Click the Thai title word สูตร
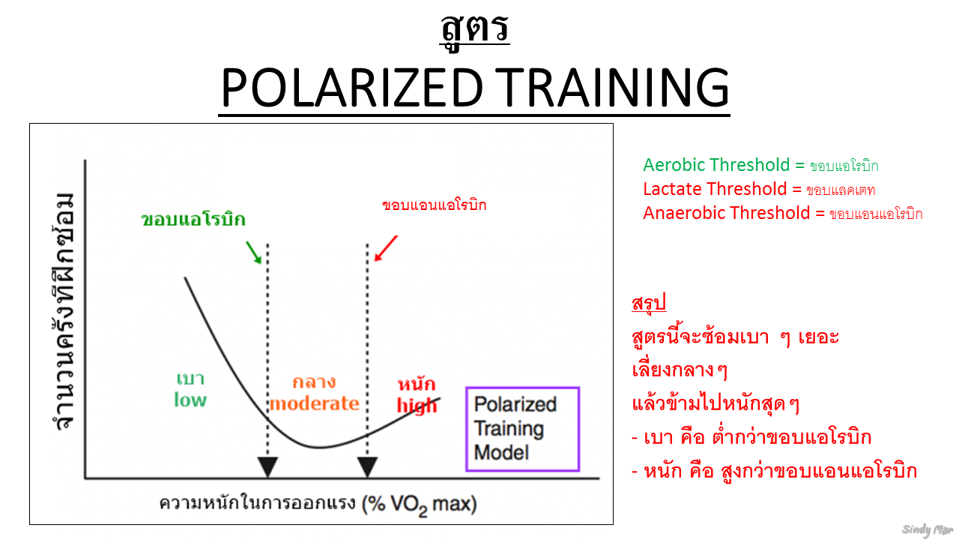[474, 28]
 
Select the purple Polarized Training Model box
[522, 429]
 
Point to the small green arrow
[254, 253]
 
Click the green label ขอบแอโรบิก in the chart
[193, 220]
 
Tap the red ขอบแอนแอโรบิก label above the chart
[434, 205]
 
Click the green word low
[190, 400]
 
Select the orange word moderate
[314, 403]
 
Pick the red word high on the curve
[417, 406]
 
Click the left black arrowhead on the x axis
[267, 467]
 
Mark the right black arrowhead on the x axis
[366, 467]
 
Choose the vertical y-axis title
[64, 312]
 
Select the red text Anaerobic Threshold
[727, 213]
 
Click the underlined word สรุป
[649, 304]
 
